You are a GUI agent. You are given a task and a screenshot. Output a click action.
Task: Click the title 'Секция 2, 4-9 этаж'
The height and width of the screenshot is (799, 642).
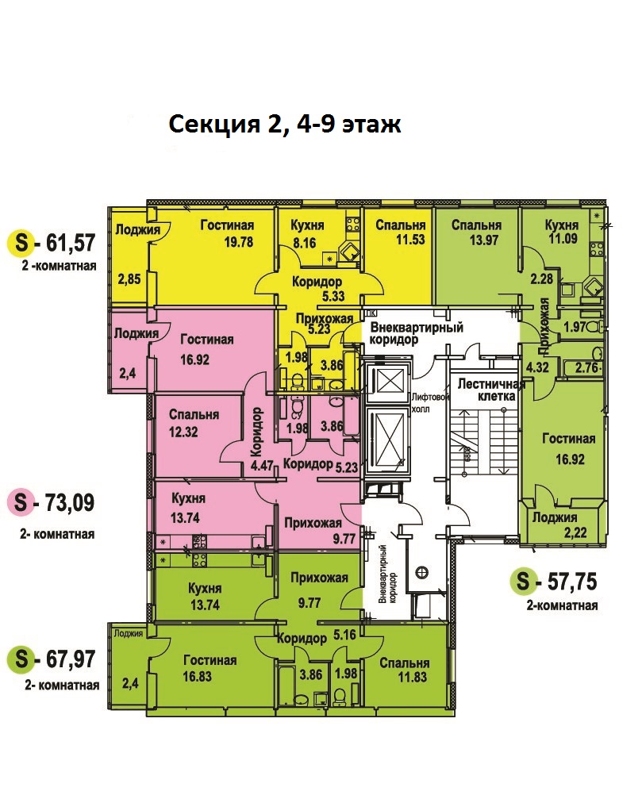[x=284, y=125]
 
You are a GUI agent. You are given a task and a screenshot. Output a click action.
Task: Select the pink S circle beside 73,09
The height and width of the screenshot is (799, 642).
[x=21, y=502]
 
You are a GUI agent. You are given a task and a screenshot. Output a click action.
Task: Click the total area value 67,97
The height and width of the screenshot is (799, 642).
[x=71, y=659]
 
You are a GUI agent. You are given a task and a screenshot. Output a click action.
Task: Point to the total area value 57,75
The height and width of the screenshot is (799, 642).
[x=571, y=582]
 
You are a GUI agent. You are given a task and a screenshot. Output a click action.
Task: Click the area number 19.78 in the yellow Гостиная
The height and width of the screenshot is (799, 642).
[x=239, y=242]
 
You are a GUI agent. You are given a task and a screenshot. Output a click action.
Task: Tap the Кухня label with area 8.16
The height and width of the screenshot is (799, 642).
[x=307, y=226]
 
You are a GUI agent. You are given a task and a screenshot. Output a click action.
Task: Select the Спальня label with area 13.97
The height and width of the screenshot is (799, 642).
[x=476, y=225]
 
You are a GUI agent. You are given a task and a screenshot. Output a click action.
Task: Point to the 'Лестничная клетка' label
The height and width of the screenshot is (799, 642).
[x=490, y=390]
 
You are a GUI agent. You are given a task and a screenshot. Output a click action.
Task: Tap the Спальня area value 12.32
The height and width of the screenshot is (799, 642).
[x=183, y=432]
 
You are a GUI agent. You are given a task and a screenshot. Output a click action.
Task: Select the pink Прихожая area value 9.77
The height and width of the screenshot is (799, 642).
[x=344, y=538]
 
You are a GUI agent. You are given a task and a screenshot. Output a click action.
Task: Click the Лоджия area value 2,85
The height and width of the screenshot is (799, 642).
[x=129, y=279]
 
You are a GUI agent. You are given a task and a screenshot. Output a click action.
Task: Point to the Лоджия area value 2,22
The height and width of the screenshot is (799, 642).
[x=576, y=533]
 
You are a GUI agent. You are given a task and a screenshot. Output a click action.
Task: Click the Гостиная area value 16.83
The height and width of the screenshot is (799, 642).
[x=197, y=677]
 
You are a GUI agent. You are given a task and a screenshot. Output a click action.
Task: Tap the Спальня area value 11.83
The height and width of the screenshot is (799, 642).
[x=412, y=678]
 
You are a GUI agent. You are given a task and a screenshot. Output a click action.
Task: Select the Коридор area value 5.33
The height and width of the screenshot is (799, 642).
[x=333, y=296]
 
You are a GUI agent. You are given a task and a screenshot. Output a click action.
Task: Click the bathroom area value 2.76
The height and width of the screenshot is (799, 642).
[x=587, y=367]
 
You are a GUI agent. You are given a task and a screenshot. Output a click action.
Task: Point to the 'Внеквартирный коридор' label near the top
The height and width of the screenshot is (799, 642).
[x=417, y=333]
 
